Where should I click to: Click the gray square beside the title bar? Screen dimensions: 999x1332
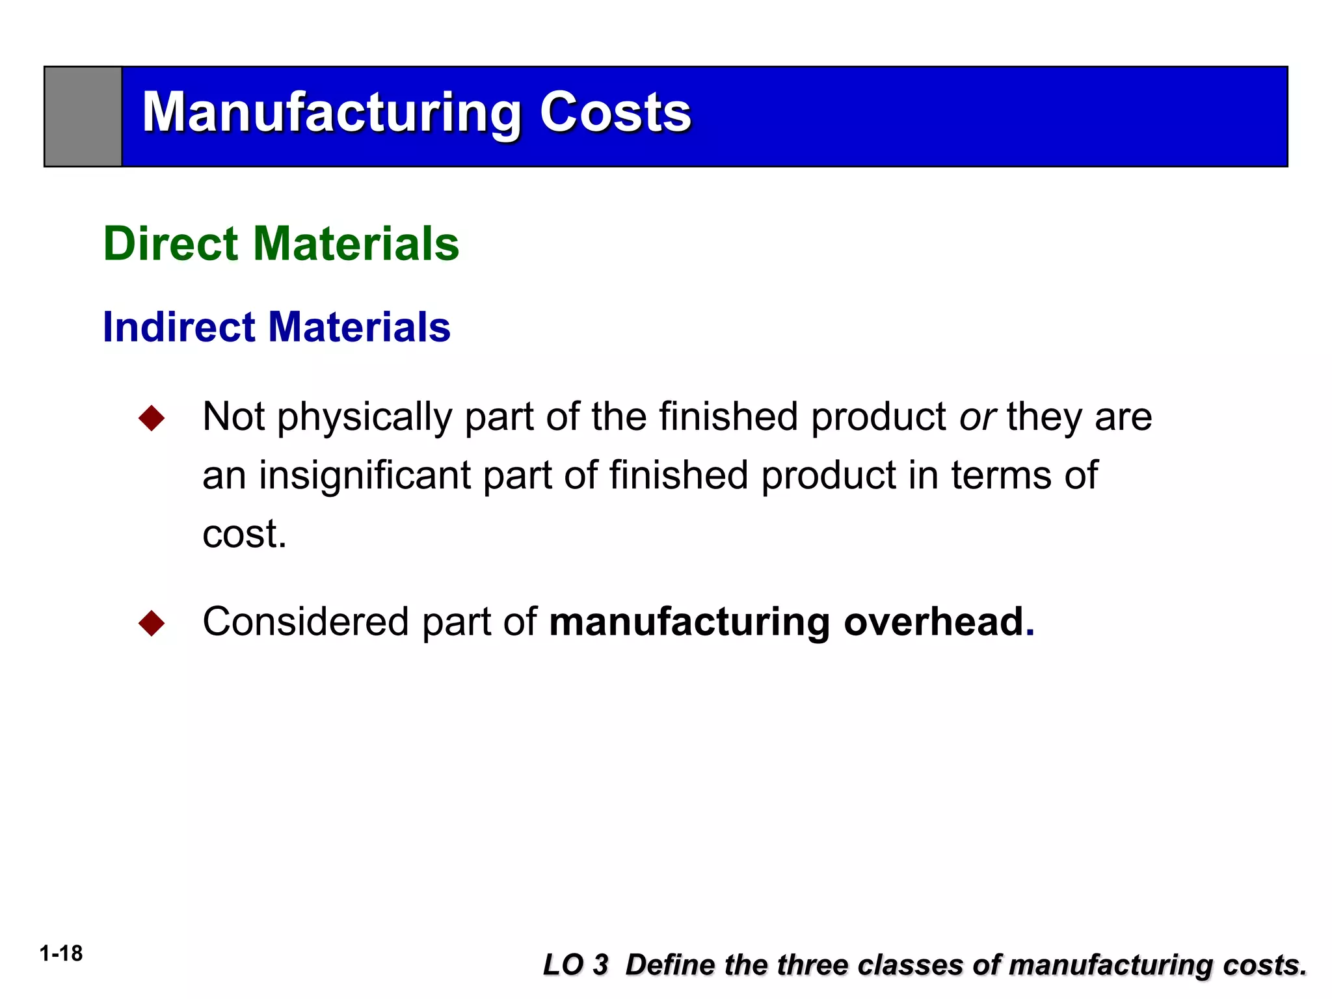click(x=83, y=116)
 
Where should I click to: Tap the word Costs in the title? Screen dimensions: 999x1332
click(x=615, y=113)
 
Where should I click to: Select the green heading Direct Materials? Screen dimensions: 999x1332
click(x=281, y=243)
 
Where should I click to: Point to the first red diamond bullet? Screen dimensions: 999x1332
click(x=152, y=418)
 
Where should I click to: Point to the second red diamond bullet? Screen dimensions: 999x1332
click(x=152, y=623)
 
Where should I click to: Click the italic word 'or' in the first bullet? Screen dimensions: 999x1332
click(x=978, y=417)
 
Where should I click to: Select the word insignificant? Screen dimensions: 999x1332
click(x=365, y=475)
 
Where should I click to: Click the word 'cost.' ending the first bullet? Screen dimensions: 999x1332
click(x=245, y=534)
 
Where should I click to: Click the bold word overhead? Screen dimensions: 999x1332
click(x=934, y=622)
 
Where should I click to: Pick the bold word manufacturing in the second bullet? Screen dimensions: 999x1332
click(x=689, y=622)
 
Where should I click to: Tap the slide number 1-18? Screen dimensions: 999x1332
click(x=61, y=953)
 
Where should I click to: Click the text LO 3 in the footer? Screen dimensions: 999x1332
click(x=576, y=965)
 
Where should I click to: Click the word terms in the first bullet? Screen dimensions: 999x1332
click(x=1002, y=475)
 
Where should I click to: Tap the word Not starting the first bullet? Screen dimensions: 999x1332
click(x=233, y=417)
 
